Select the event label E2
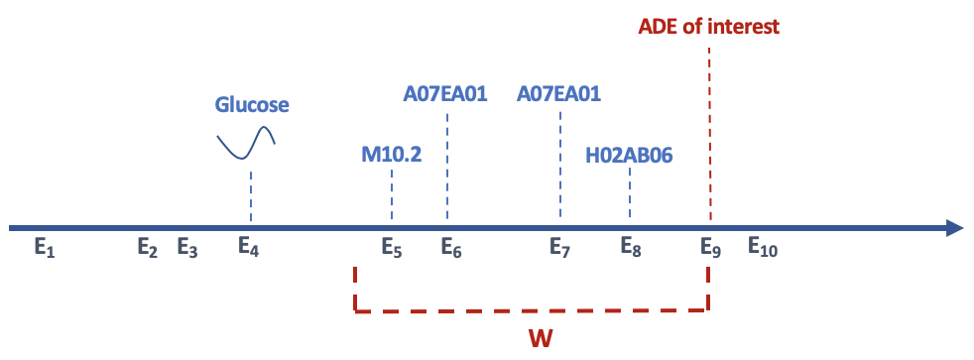[148, 249]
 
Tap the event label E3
[187, 249]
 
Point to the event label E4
[249, 249]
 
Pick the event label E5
[392, 249]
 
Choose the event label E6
[451, 249]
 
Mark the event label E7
[560, 249]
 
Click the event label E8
[631, 249]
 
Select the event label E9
[710, 249]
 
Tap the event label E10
[763, 249]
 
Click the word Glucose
[252, 105]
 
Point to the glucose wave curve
[246, 144]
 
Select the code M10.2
[392, 155]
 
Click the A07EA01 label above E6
[446, 95]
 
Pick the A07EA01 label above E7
[559, 95]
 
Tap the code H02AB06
[631, 155]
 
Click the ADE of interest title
[708, 26]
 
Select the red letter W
[540, 338]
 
